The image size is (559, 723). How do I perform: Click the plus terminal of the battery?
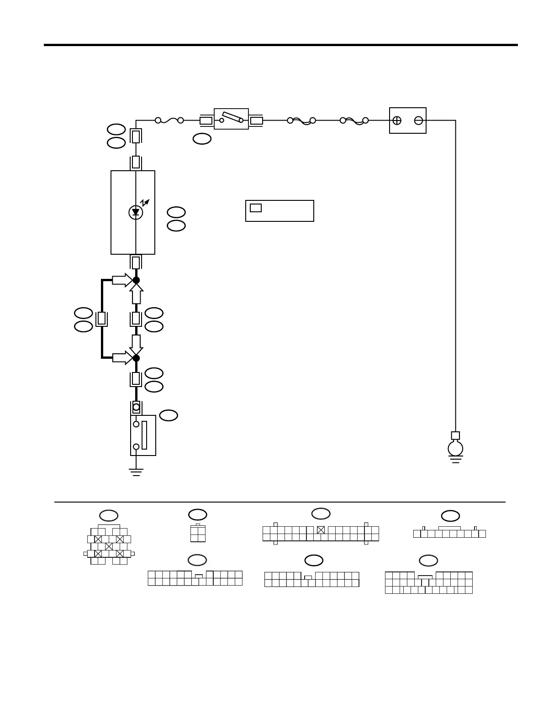[x=397, y=120]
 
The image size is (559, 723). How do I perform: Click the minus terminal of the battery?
[x=418, y=120]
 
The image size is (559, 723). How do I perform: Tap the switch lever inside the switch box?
[x=232, y=117]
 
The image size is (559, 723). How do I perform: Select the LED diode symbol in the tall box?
[x=136, y=212]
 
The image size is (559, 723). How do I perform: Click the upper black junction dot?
[x=136, y=280]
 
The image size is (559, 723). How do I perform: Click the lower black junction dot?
[x=136, y=358]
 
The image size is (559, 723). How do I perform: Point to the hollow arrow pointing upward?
[x=136, y=293]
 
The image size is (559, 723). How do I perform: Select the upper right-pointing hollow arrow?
[x=121, y=280]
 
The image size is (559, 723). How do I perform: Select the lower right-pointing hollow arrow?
[x=121, y=358]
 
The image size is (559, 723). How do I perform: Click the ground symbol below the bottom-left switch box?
[x=136, y=472]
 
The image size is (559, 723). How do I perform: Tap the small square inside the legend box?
[x=256, y=208]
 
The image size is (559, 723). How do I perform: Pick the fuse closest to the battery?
[x=354, y=120]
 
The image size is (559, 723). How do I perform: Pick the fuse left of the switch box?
[x=169, y=120]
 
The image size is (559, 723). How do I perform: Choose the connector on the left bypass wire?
[x=102, y=319]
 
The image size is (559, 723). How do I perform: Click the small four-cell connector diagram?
[x=198, y=534]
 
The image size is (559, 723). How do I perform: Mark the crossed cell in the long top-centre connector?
[x=321, y=530]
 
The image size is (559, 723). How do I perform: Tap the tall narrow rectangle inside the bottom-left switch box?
[x=144, y=435]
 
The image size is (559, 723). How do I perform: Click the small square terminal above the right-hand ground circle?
[x=455, y=435]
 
